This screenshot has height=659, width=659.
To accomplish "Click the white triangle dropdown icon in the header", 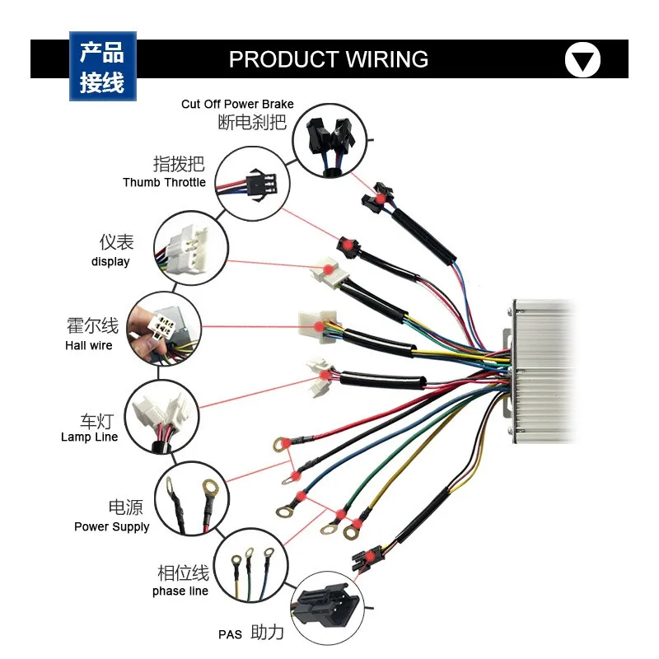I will (582, 60).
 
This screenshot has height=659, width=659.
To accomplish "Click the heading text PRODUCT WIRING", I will (328, 59).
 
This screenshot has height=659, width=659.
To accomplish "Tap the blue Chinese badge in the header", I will (102, 67).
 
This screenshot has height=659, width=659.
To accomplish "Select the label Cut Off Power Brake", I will (237, 104).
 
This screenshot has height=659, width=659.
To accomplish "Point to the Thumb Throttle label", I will (164, 182).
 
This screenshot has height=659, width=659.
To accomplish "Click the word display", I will (110, 261).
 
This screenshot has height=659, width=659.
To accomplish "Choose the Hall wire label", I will (89, 345).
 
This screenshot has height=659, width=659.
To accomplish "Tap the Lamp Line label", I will (89, 437).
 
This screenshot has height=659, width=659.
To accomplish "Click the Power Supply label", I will (112, 526).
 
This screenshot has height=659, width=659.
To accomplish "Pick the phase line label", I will (180, 591).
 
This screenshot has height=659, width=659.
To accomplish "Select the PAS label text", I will (231, 634).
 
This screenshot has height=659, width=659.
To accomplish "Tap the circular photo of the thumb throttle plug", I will (253, 182).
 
